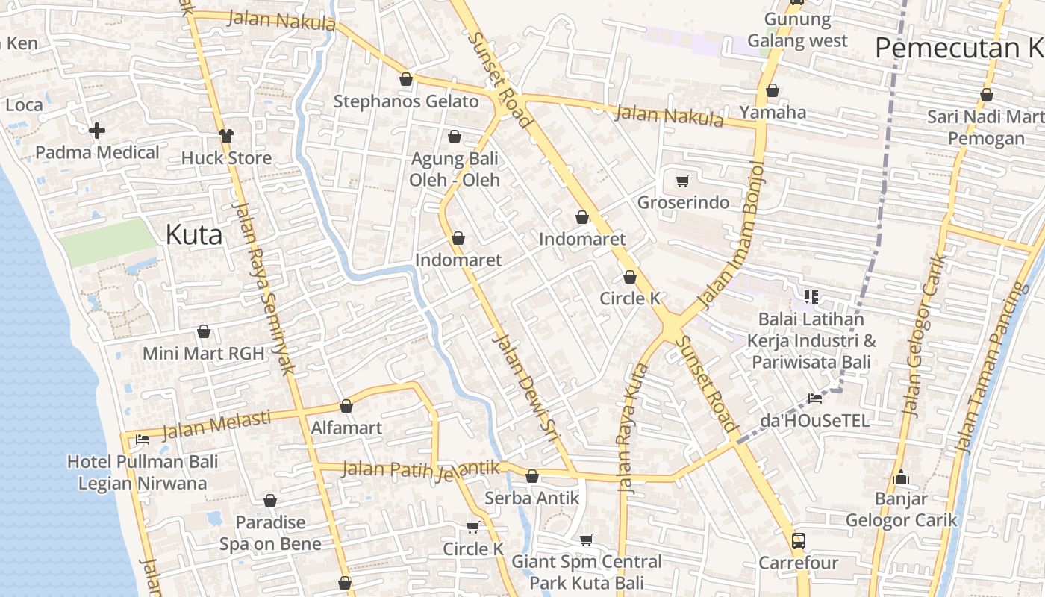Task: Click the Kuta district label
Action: pos(193,235)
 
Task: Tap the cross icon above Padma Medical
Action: pos(96,131)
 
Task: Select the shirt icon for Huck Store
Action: pos(226,136)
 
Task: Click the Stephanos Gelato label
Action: pos(406,101)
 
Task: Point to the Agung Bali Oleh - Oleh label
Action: pos(455,169)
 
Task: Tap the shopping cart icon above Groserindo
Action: pos(682,181)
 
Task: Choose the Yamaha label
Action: pos(773,113)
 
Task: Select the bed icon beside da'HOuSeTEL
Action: pos(814,398)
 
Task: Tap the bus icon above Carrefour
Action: pos(798,540)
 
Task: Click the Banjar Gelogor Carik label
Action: pos(901,509)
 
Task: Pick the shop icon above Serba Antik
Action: pos(532,476)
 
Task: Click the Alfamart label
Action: pos(346,428)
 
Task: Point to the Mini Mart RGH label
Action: pos(203,353)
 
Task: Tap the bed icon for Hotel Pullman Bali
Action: pos(143,440)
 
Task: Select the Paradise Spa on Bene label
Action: pos(270,533)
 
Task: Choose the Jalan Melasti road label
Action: pos(216,425)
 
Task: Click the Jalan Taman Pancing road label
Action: pos(988,369)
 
